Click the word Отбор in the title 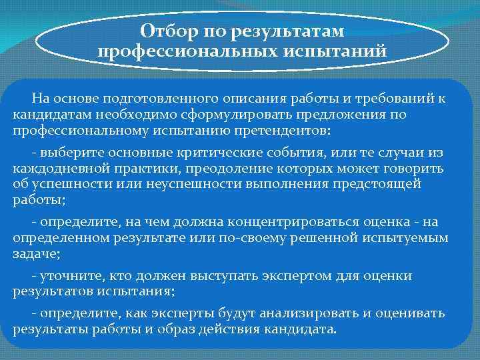[x=166, y=31]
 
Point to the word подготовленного [x=151, y=99]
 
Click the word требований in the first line [x=393, y=99]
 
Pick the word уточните [x=67, y=276]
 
